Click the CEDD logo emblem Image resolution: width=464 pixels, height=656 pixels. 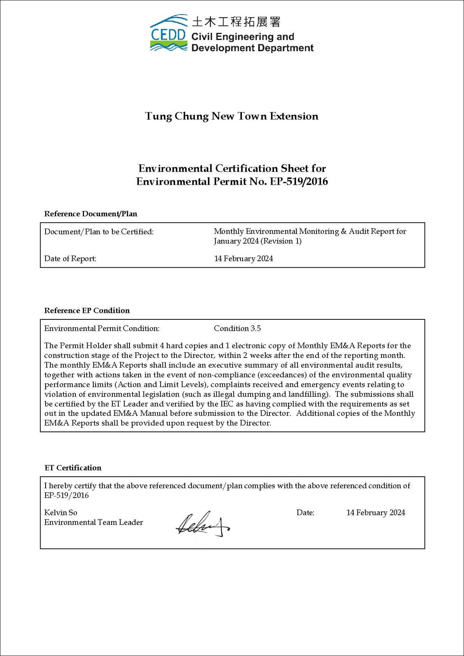click(168, 33)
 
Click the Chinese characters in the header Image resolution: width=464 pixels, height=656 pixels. click(236, 21)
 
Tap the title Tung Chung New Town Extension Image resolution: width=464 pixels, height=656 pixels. click(231, 116)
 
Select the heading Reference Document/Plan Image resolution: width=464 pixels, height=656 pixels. click(91, 214)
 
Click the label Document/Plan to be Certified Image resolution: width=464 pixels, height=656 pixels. click(99, 232)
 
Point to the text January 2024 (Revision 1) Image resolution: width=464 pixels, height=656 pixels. click(257, 241)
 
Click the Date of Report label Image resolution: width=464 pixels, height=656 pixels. click(70, 258)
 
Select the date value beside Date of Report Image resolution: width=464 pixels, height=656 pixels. click(243, 258)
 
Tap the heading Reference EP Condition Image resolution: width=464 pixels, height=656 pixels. click(87, 310)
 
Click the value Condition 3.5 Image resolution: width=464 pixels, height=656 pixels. click(237, 328)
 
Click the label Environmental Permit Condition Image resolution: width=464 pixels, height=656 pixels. click(102, 328)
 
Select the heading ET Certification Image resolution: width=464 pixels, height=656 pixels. click(73, 468)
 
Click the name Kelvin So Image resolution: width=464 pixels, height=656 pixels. click(61, 512)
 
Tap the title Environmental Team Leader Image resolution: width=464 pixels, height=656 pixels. click(93, 522)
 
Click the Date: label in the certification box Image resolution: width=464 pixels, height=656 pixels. click(305, 512)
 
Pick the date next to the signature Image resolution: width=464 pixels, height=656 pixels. click(375, 512)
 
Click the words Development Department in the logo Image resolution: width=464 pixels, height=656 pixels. click(252, 48)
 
